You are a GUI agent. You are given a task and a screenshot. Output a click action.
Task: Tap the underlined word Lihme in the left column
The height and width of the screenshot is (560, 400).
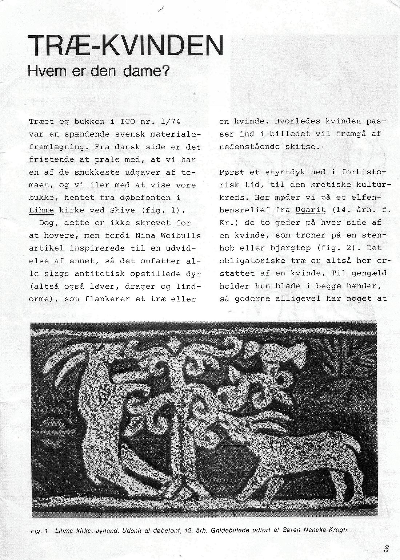click(41, 210)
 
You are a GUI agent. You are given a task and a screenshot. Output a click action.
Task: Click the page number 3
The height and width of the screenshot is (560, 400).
click(386, 548)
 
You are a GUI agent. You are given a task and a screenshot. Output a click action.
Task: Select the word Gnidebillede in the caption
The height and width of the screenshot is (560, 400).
click(225, 530)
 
